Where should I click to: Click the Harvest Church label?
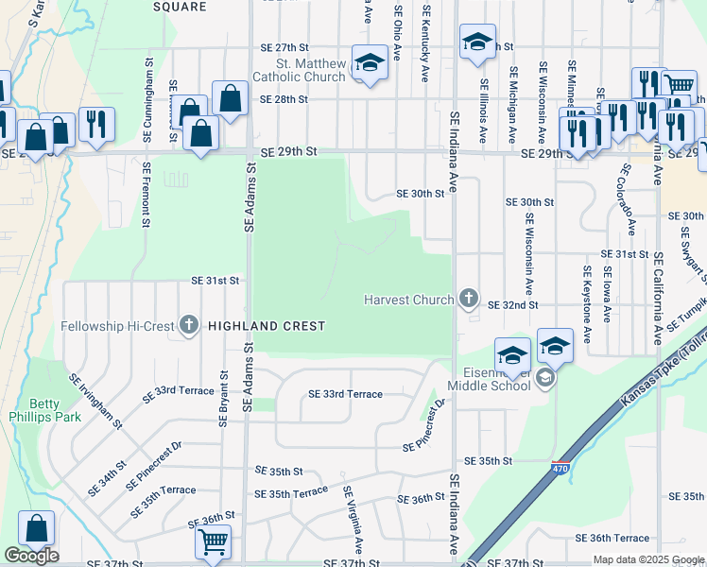pos(409,300)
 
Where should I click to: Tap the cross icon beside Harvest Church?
pos(468,300)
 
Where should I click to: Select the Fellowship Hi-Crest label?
pos(117,326)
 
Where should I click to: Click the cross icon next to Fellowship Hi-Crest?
pos(188,326)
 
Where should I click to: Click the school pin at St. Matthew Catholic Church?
pos(368,62)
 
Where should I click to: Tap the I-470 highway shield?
pos(560,467)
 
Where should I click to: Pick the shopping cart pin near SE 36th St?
pos(214,542)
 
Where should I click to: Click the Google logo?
pos(31,556)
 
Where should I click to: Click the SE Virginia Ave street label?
pos(353,520)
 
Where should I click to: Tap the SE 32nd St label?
pos(512,305)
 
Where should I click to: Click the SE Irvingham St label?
pos(95,402)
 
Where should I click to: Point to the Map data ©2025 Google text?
pos(648,560)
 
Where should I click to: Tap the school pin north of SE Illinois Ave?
pos(478,42)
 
